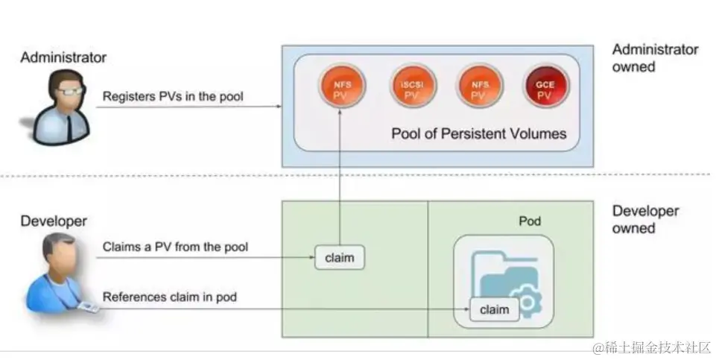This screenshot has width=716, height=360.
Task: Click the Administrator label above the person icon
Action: (x=63, y=57)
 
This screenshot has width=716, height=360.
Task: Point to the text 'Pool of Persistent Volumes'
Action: (x=479, y=134)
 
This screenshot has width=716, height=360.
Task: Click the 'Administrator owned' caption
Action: (x=655, y=58)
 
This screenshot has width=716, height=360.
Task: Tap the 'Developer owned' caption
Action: (x=645, y=219)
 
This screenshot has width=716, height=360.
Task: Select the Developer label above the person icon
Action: (x=54, y=221)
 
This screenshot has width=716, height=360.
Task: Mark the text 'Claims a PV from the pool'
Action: (x=175, y=247)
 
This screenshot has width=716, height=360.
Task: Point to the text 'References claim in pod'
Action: (x=169, y=297)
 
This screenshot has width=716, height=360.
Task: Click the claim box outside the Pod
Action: (x=340, y=258)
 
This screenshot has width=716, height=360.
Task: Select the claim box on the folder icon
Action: (x=494, y=309)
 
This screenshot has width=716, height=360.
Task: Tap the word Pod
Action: (x=530, y=221)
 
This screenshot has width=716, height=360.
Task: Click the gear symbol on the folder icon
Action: (x=530, y=303)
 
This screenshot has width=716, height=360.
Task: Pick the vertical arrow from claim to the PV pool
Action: (x=340, y=179)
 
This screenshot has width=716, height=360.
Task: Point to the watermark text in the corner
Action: (x=652, y=347)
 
